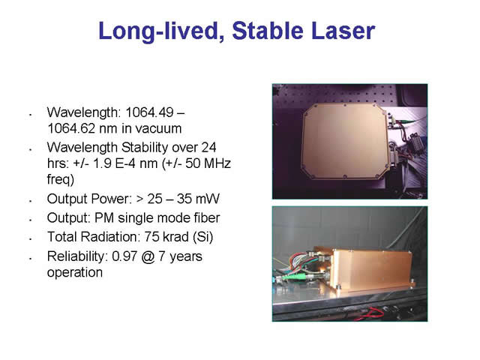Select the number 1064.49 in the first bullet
150,112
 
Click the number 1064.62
71,128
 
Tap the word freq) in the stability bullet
61,180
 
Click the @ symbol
148,256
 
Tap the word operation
75,273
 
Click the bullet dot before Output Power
31,201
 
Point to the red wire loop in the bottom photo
372,313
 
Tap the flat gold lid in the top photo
345,142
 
